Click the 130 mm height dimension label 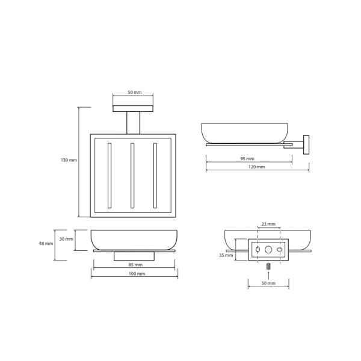coord(69,160)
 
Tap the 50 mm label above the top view coord(135,92)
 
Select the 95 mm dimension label coord(247,159)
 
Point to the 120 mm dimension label coord(257,167)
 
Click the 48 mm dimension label coord(46,243)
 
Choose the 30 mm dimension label coord(66,239)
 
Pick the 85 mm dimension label coord(135,265)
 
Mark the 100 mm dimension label coord(137,274)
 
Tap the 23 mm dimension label coord(268,224)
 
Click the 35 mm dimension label coord(226,255)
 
